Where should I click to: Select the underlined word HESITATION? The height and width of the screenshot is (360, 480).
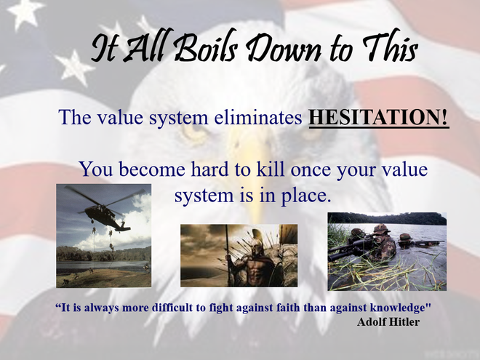point(379,117)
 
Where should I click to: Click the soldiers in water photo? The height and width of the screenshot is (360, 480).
point(386,250)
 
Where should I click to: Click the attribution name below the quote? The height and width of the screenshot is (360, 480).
point(388,322)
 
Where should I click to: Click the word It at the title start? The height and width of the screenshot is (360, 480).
point(103,49)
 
